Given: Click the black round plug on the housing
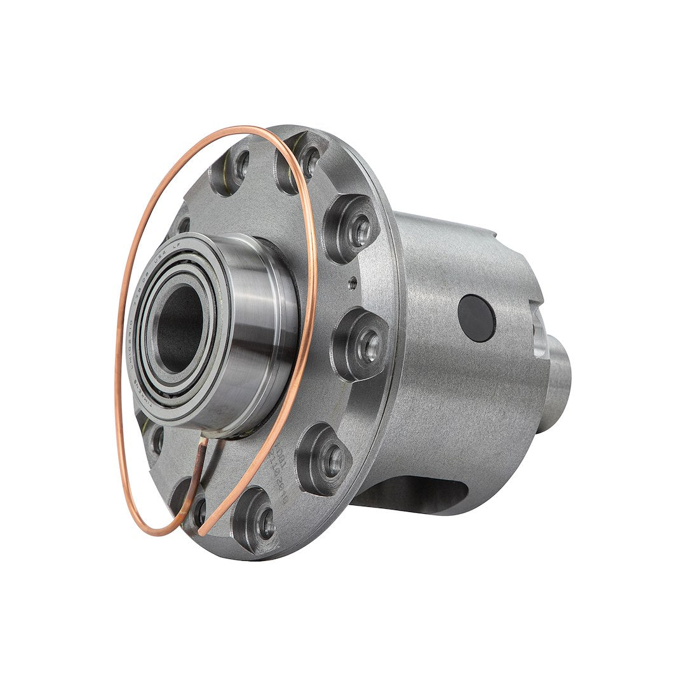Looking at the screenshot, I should click(476, 318).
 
